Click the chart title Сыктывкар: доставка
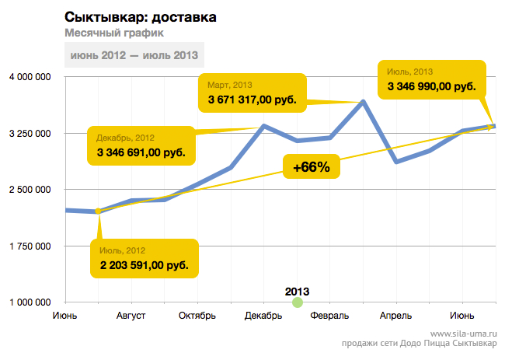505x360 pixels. coord(141,17)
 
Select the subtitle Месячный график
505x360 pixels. coord(114,33)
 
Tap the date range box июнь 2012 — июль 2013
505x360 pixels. coord(134,55)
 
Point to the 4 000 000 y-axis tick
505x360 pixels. coord(30,77)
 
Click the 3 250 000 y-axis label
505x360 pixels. coord(30,134)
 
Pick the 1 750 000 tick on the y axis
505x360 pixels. coord(30,246)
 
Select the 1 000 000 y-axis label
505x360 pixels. coord(30,302)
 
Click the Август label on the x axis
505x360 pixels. coord(131,316)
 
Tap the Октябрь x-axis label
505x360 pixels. coord(197,316)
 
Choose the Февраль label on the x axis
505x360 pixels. coord(329,316)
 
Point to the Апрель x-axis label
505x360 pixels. coord(395,316)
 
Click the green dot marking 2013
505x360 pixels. coord(298,302)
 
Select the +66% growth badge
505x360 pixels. coord(312,166)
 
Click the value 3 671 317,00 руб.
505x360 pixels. coord(252,100)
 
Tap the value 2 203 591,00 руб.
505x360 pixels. coord(145,265)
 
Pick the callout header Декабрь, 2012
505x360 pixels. coord(125,138)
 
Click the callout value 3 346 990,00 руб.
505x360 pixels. coord(431,86)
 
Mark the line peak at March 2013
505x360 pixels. coord(364,102)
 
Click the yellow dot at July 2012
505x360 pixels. coord(98,211)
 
